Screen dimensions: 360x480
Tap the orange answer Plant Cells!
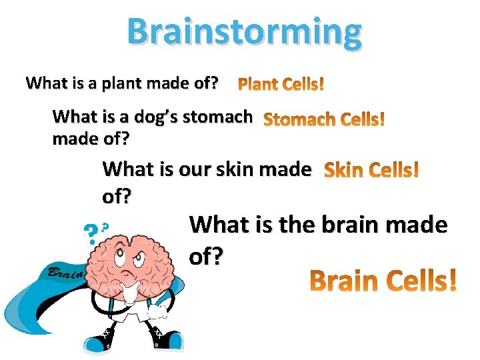click(281, 85)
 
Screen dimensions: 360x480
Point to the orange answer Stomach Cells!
click(324, 121)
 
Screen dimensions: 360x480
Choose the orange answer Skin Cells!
click(371, 171)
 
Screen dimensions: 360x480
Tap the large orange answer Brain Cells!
click(385, 281)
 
